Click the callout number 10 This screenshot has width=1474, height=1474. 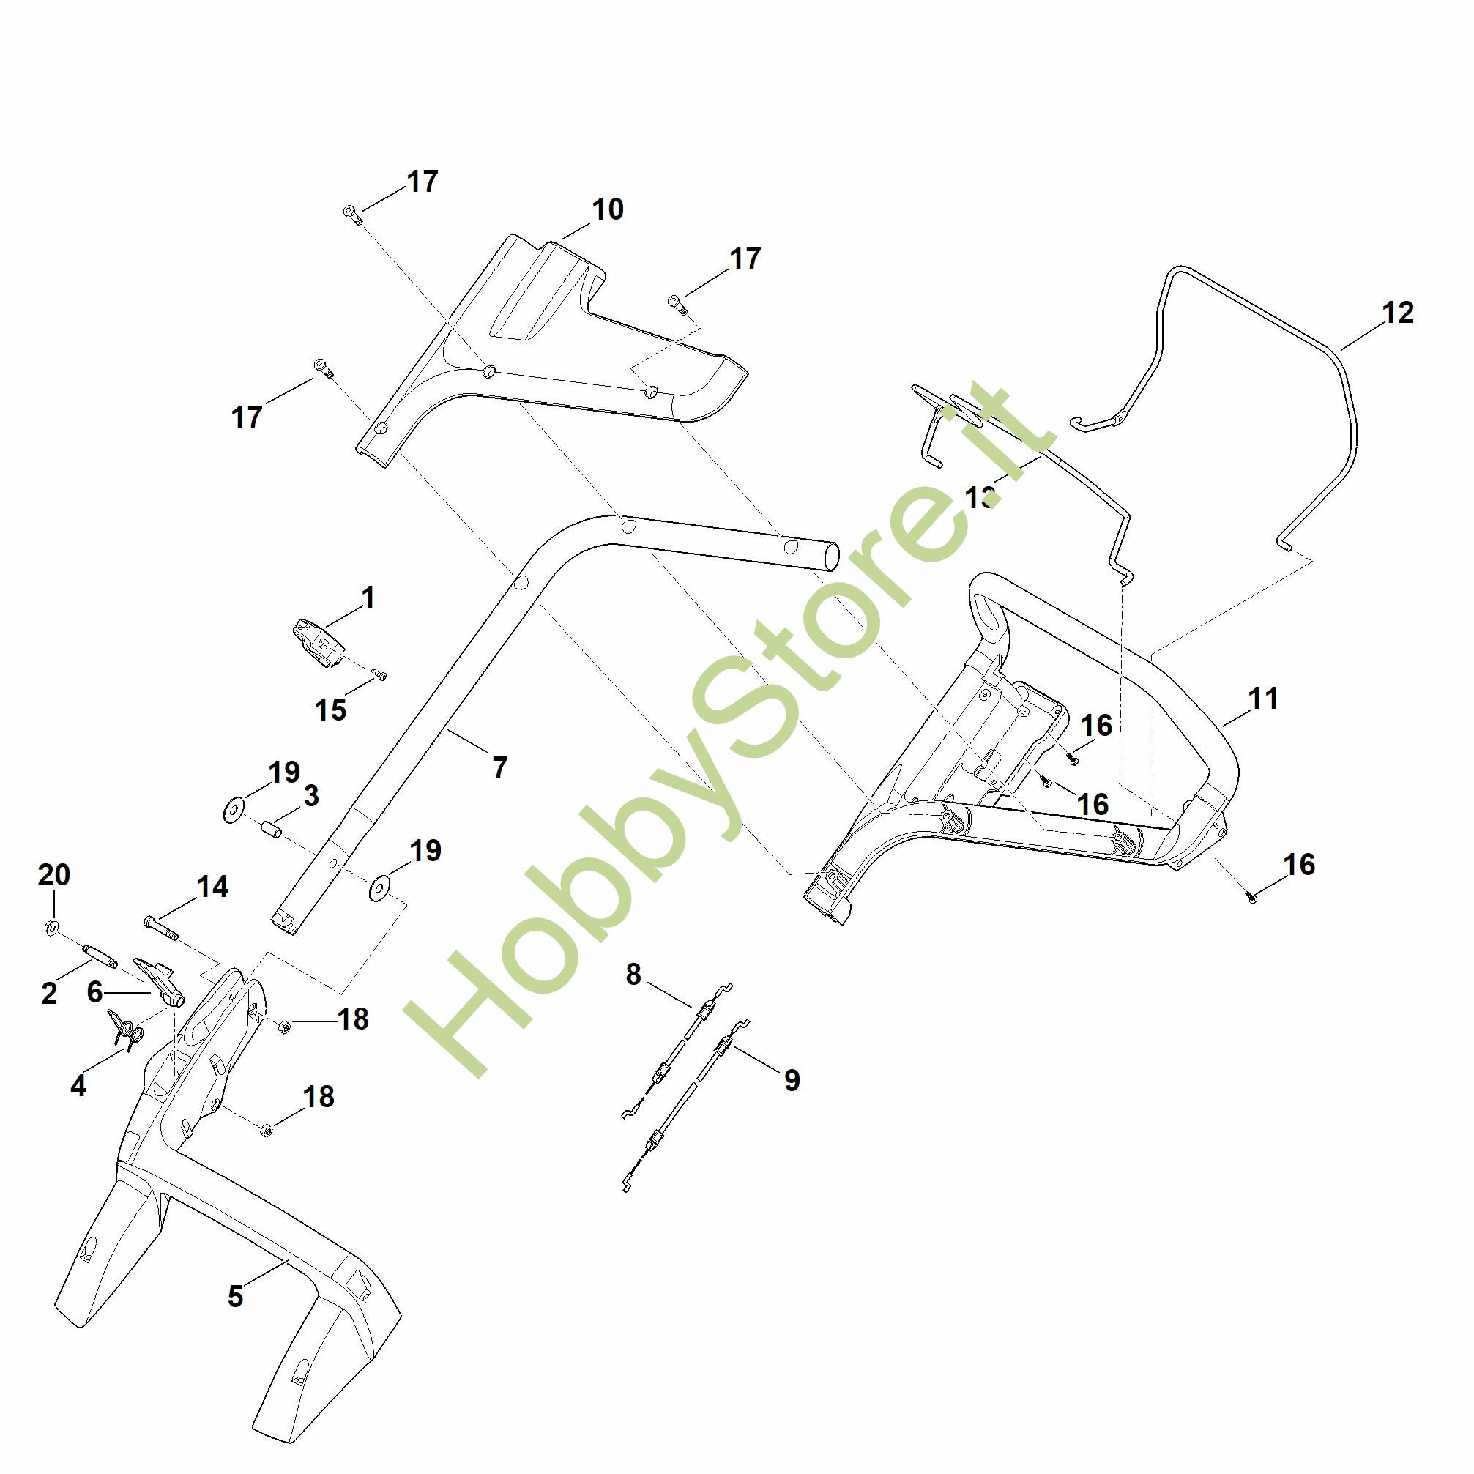click(607, 209)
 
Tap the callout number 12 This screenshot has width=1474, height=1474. click(1398, 312)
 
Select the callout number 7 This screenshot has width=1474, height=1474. click(499, 767)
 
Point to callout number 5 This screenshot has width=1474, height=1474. click(235, 1295)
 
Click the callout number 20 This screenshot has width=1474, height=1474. click(54, 874)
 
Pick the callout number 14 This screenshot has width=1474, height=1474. click(212, 887)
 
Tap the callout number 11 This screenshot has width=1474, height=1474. click(1262, 698)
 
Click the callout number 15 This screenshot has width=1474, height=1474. click(330, 710)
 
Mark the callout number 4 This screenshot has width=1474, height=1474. click(78, 1086)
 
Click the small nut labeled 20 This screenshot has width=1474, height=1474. click(51, 928)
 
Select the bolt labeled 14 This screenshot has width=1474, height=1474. click(160, 927)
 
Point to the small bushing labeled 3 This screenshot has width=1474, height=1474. click(272, 827)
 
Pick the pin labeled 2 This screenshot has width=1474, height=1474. click(100, 954)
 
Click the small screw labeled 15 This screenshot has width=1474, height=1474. click(379, 674)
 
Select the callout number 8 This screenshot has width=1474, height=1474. click(633, 975)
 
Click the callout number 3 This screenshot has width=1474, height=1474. click(310, 796)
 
